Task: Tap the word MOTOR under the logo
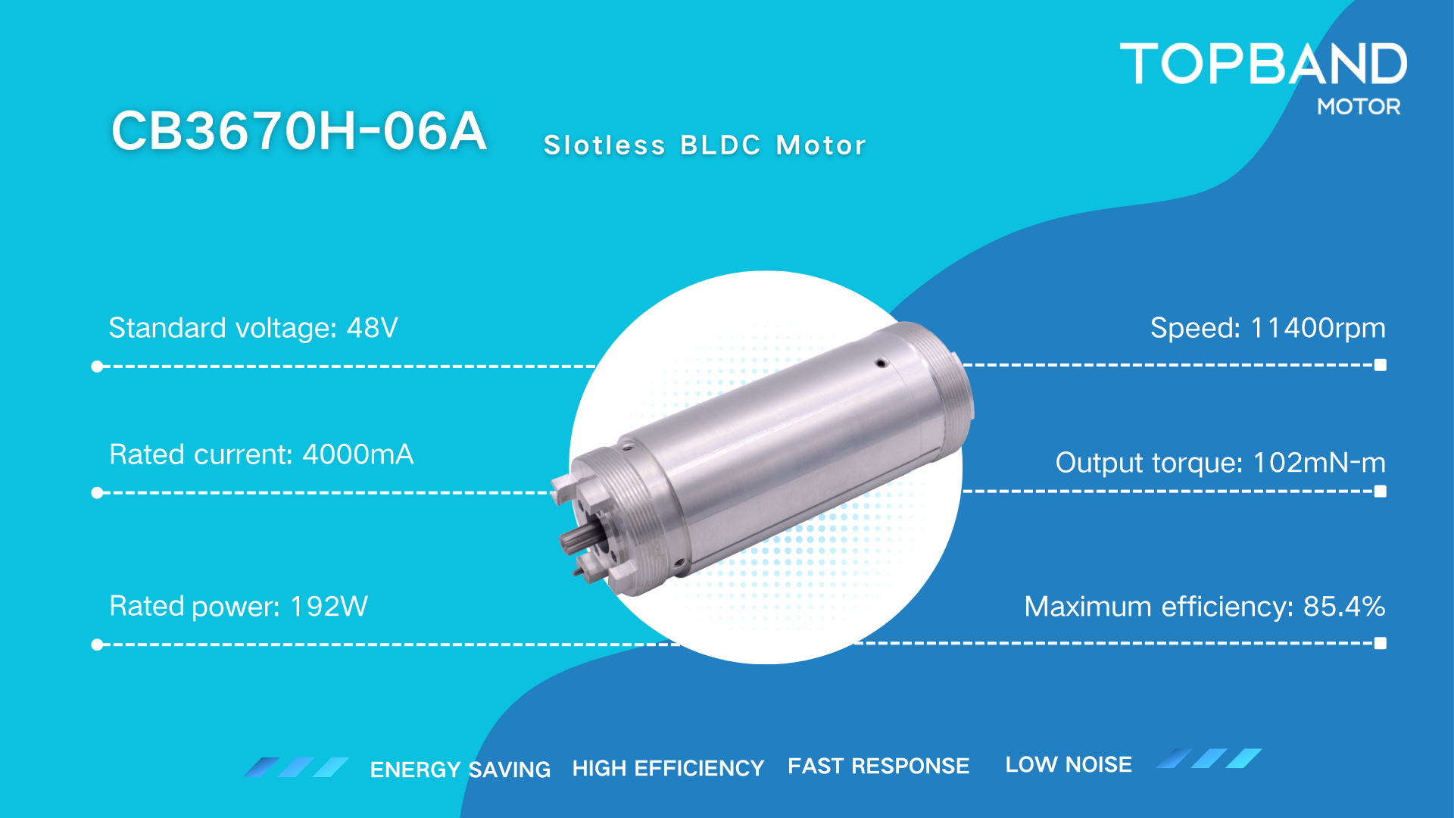[x=1359, y=107]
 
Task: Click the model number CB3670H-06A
[x=298, y=131]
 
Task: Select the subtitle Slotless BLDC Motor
[x=704, y=145]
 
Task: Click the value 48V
[x=372, y=328]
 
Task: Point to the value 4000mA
[x=358, y=454]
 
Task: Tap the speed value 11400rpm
[x=1318, y=328]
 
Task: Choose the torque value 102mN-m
[x=1319, y=462]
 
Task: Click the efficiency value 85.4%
[x=1344, y=606]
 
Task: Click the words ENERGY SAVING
[x=460, y=770]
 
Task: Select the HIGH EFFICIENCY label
[x=668, y=768]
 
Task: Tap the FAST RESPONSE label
[x=878, y=766]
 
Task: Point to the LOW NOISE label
[x=1069, y=764]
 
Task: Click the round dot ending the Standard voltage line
[x=97, y=367]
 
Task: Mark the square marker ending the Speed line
[x=1381, y=365]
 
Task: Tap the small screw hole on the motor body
[x=881, y=364]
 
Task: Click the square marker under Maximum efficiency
[x=1381, y=643]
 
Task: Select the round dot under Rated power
[x=97, y=645]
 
